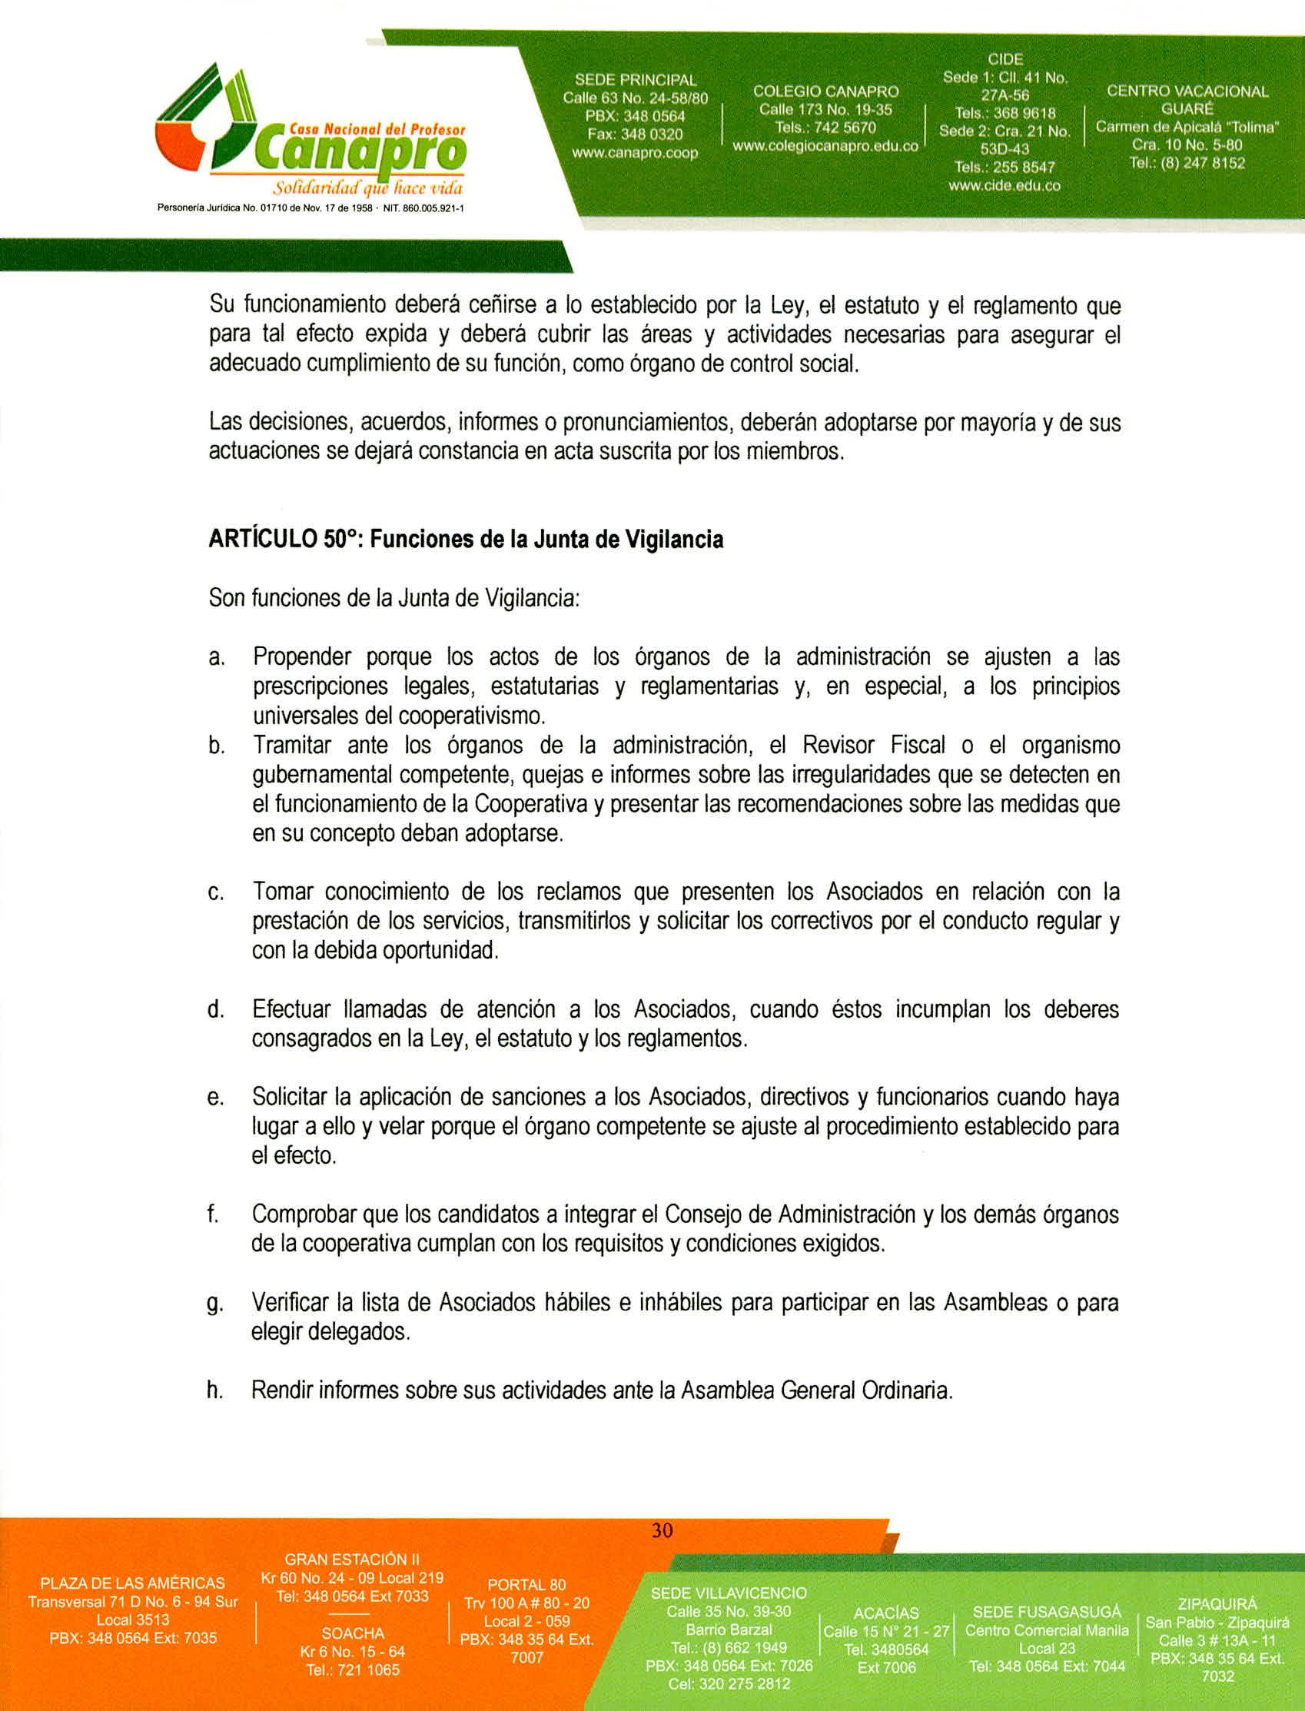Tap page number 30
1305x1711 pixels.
(662, 1530)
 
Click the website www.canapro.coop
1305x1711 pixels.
(635, 153)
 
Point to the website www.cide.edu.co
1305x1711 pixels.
(1004, 185)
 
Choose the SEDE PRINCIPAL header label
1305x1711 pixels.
(635, 80)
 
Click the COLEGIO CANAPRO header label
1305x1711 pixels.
(825, 91)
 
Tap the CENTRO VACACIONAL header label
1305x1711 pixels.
(1187, 91)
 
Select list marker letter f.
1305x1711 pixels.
(211, 1212)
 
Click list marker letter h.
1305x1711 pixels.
(214, 1390)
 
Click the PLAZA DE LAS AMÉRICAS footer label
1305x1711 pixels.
(133, 1583)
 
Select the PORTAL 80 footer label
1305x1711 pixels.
(526, 1584)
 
